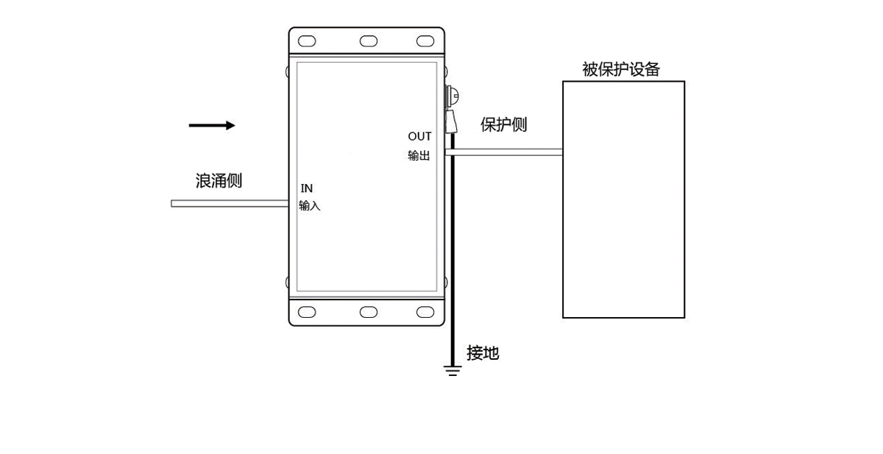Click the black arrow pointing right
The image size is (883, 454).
click(212, 126)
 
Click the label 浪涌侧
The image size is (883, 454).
click(219, 180)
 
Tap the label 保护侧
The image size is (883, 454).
click(504, 124)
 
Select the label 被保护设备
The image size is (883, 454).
click(621, 70)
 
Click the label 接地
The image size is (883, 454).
click(483, 353)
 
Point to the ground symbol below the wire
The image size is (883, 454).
click(453, 370)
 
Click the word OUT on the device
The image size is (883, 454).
click(419, 137)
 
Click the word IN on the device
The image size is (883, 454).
click(307, 188)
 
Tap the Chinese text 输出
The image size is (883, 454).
click(419, 156)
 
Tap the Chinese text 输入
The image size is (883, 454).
click(310, 206)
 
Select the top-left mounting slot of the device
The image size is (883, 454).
click(307, 41)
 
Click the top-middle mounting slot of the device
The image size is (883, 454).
click(368, 41)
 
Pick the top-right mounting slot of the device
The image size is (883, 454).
click(425, 41)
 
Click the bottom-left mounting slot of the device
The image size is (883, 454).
click(307, 312)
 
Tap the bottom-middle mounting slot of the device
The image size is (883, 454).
click(368, 312)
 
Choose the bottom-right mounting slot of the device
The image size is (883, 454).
click(425, 312)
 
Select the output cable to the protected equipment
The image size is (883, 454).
click(508, 152)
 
